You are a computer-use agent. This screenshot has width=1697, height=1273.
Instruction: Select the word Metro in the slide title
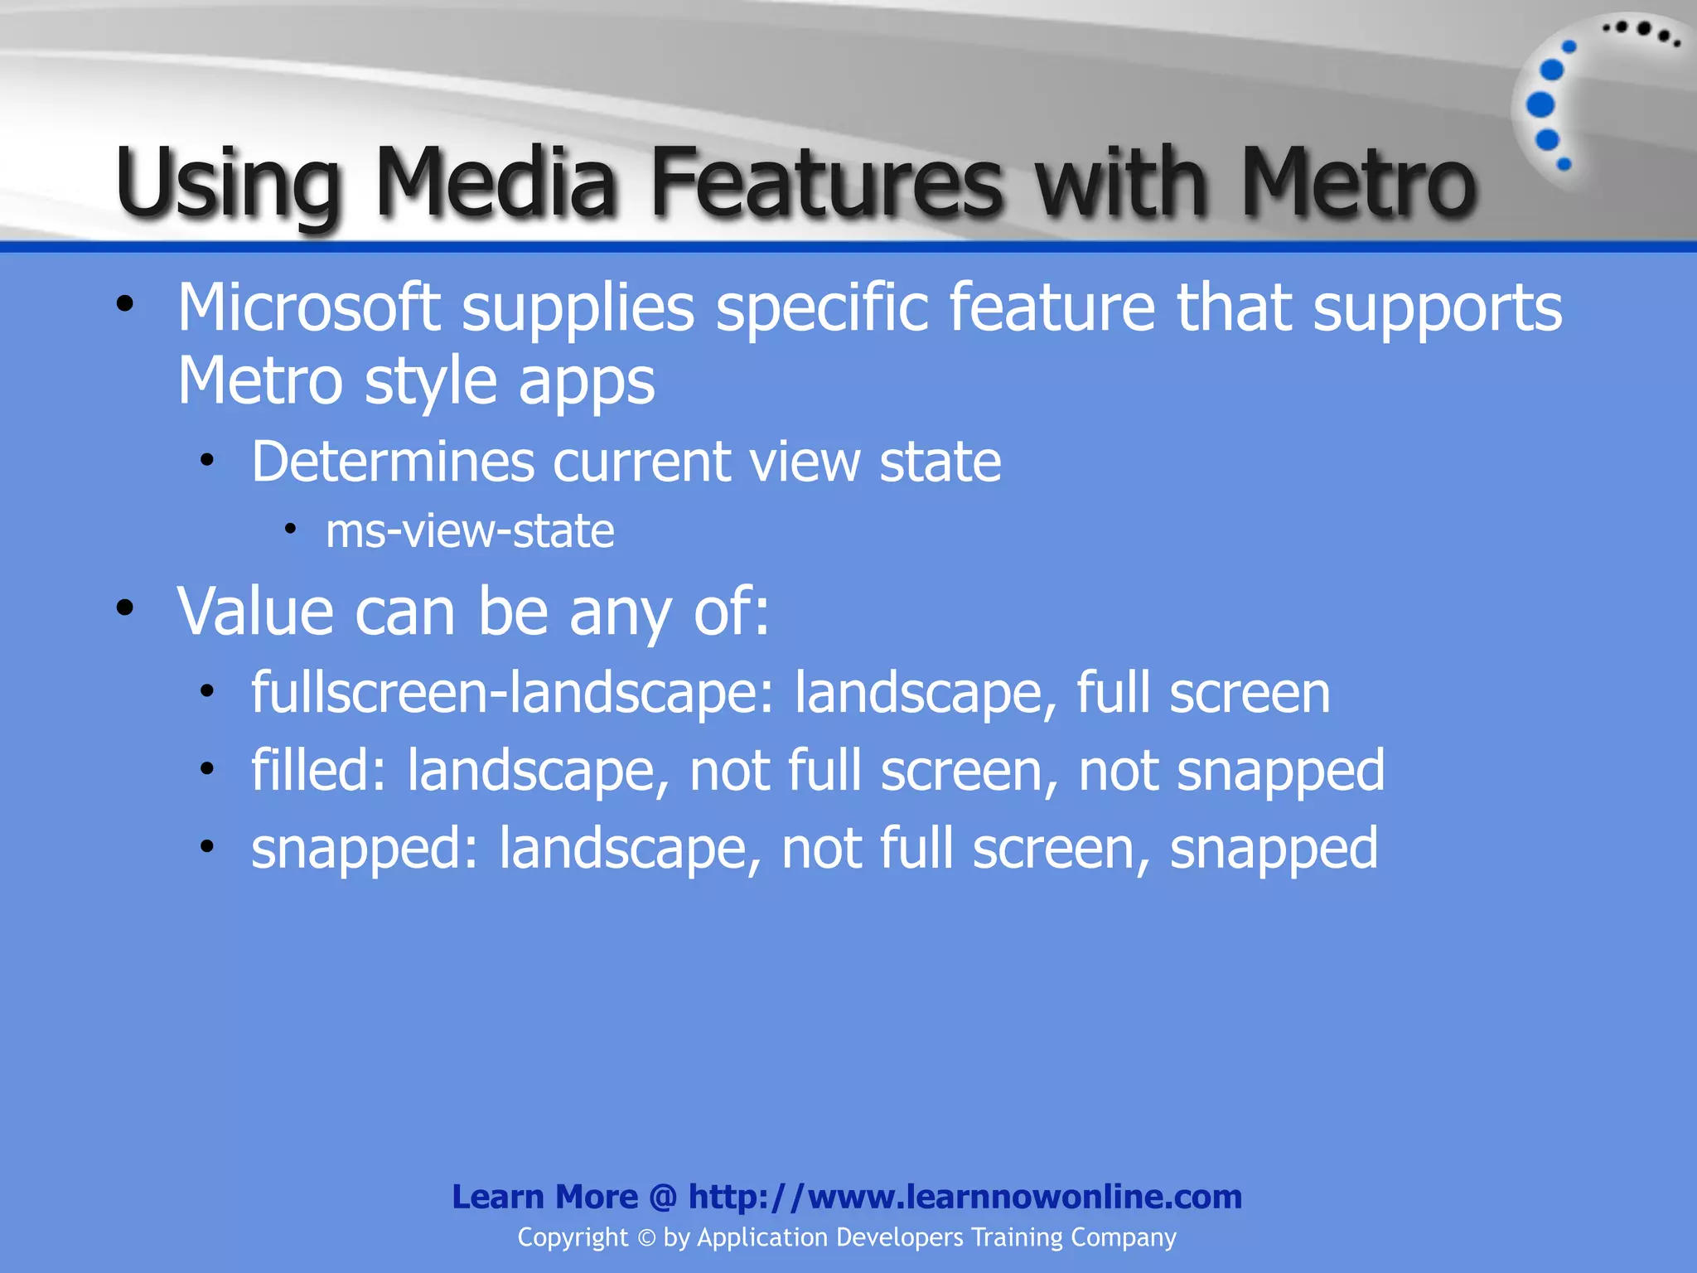[x=1359, y=182]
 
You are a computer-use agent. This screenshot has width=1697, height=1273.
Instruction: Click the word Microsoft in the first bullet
[x=308, y=307]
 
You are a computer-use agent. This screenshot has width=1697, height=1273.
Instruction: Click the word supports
[x=1438, y=309]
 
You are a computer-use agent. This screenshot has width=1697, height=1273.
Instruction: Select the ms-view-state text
[x=470, y=531]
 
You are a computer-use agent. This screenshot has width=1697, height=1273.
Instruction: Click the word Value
[x=256, y=612]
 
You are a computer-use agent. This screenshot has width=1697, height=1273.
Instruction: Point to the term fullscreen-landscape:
[x=513, y=693]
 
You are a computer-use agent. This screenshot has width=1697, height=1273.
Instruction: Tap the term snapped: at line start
[x=365, y=849]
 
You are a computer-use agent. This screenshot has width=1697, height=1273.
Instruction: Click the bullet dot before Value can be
[x=125, y=608]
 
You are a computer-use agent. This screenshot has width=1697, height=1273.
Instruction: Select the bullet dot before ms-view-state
[x=290, y=529]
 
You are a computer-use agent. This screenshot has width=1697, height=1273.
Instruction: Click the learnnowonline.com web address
[x=965, y=1197]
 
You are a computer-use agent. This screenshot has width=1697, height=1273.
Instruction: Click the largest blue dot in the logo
[x=1540, y=105]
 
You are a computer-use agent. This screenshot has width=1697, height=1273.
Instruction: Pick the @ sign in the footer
[x=663, y=1198]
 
